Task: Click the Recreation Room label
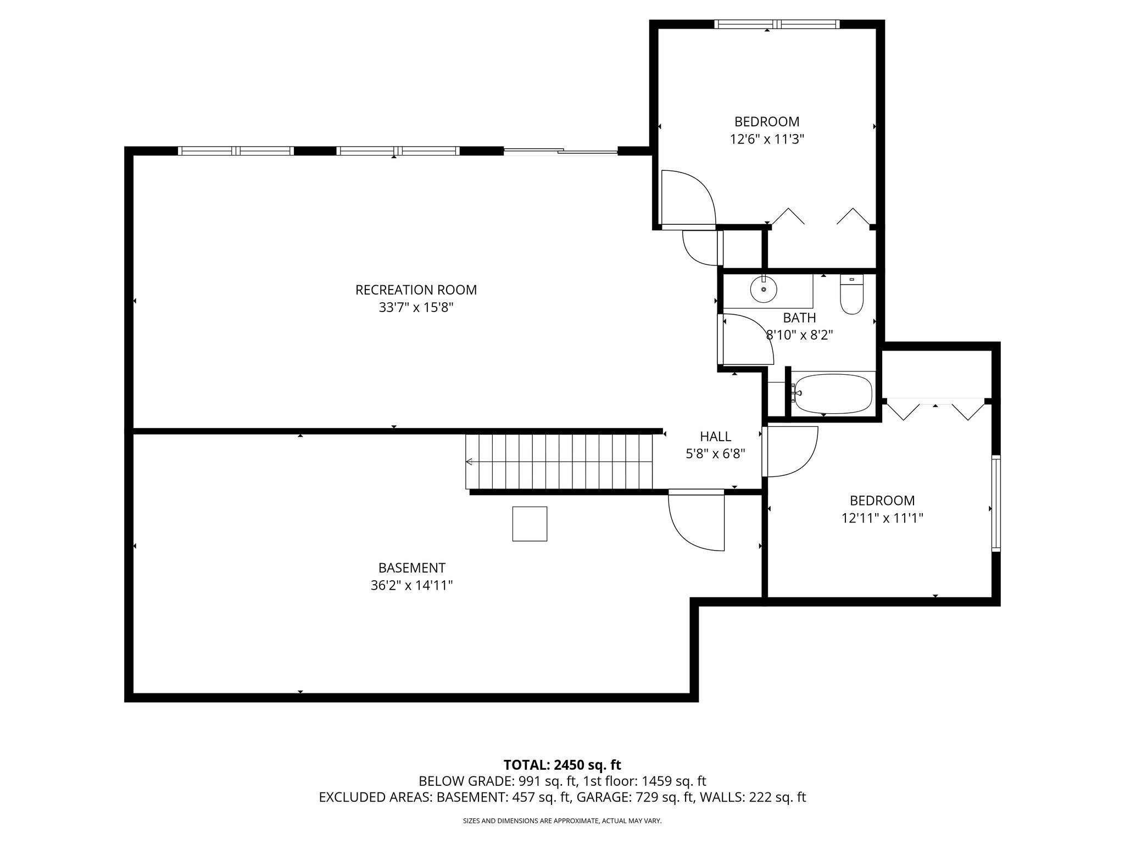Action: (x=416, y=290)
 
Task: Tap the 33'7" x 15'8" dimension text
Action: (x=416, y=307)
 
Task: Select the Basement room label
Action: (x=411, y=568)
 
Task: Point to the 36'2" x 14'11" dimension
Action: (x=411, y=585)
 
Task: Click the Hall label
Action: (x=715, y=436)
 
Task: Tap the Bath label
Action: (x=799, y=318)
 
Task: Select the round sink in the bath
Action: (x=764, y=289)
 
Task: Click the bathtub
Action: (x=833, y=393)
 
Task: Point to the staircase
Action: (x=559, y=462)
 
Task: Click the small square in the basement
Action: (x=530, y=524)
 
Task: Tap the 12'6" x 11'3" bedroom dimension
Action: (x=767, y=139)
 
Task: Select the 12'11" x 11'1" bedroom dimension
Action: (x=882, y=518)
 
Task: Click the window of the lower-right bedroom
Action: (x=996, y=503)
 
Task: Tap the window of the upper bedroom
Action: (x=777, y=24)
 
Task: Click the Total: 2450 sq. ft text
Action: (x=562, y=765)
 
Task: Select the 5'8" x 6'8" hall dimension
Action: (x=715, y=454)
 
